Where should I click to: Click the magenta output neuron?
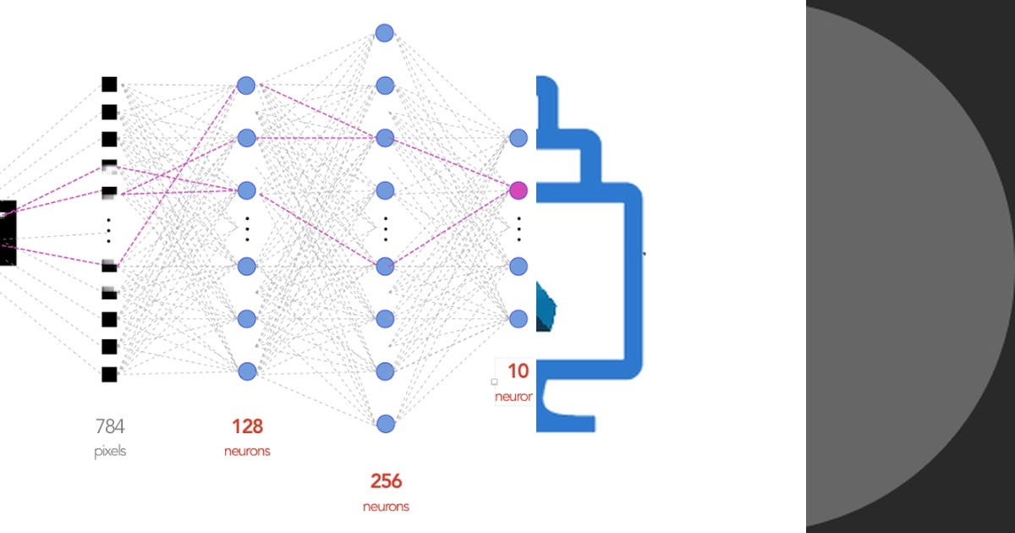click(x=518, y=190)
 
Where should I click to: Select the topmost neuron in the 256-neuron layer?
click(x=385, y=33)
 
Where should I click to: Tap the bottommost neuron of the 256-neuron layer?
click(x=385, y=423)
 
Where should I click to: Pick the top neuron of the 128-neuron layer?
click(x=246, y=85)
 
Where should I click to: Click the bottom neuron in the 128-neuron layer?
click(x=246, y=371)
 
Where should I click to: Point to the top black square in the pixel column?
click(x=109, y=84)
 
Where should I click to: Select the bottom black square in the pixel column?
click(x=109, y=374)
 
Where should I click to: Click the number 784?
click(x=110, y=426)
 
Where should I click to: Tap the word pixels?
click(x=110, y=452)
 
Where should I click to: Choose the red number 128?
click(x=247, y=426)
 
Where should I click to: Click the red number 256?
click(x=386, y=481)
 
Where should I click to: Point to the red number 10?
click(x=518, y=371)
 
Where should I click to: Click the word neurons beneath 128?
click(x=247, y=452)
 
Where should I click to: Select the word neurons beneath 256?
click(x=386, y=507)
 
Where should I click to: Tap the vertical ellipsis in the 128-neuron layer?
click(x=247, y=228)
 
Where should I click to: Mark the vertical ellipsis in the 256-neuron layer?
click(x=386, y=228)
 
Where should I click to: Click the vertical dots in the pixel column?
click(x=109, y=229)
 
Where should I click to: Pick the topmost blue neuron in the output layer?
click(x=518, y=138)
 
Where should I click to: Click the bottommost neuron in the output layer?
click(x=518, y=318)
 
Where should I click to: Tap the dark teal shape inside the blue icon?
click(x=546, y=308)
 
